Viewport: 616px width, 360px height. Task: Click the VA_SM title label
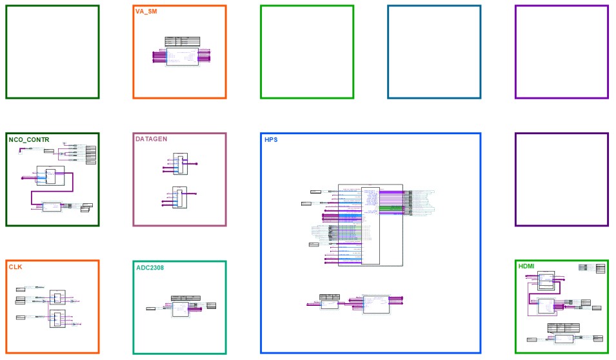pos(146,12)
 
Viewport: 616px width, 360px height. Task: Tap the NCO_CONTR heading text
pos(29,139)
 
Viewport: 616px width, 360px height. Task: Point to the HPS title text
pos(271,139)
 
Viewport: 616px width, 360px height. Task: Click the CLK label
pos(15,266)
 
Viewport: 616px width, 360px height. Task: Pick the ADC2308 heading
pos(151,267)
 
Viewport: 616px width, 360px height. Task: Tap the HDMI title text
pos(527,266)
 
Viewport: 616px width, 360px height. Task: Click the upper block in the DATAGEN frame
pos(180,164)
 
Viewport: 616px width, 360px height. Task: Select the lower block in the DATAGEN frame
pos(180,197)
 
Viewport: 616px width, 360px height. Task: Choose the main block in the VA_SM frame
pos(182,57)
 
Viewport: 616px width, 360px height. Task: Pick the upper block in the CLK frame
pos(57,299)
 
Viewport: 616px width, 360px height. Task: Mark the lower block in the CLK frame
pos(57,319)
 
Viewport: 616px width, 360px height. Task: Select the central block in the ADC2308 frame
pos(180,309)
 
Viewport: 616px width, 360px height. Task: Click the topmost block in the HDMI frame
pos(546,280)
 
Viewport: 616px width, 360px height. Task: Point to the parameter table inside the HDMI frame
pos(562,328)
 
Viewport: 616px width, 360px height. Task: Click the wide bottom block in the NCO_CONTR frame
pos(52,206)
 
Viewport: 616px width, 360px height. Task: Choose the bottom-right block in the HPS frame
pos(375,304)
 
